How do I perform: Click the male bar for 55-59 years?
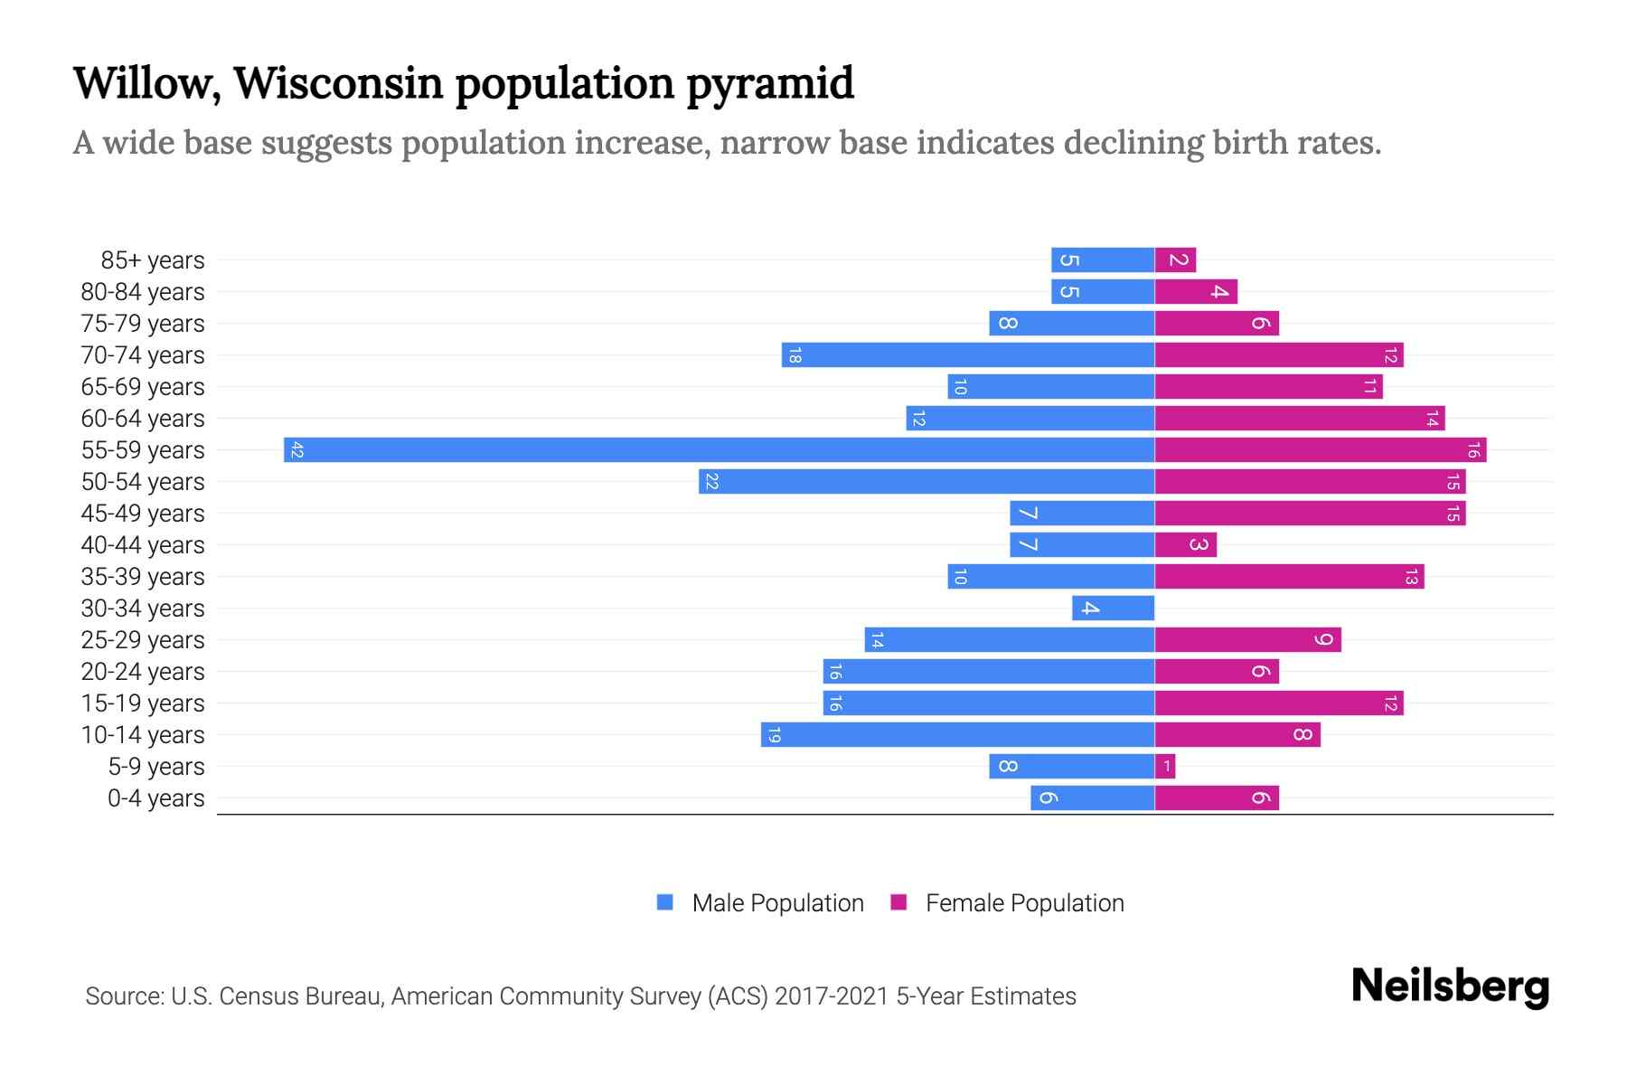click(719, 450)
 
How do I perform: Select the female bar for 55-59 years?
click(1320, 450)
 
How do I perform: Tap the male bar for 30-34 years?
click(1113, 609)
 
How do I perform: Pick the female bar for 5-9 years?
click(1165, 767)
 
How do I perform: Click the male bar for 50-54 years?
click(926, 482)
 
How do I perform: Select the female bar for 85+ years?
click(1175, 260)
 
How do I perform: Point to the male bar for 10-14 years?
click(958, 735)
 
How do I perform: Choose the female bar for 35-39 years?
click(1289, 577)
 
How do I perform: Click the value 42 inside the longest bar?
click(297, 450)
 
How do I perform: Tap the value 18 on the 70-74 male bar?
click(795, 355)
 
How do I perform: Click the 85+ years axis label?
click(152, 260)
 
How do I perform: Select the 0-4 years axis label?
click(155, 798)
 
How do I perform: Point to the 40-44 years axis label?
click(143, 545)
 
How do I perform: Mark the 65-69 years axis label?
click(143, 387)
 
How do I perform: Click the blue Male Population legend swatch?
click(665, 902)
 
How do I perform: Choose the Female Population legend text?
click(1024, 903)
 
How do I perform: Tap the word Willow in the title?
click(146, 83)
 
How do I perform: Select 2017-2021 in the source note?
click(832, 996)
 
